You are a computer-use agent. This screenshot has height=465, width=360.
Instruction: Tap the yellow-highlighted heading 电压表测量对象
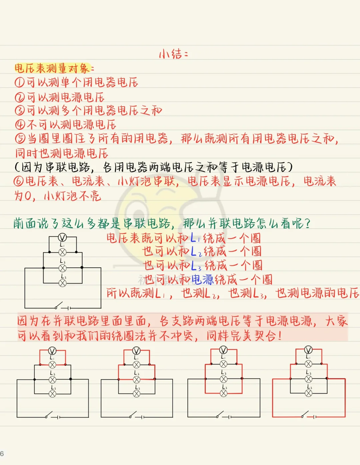tap(52, 68)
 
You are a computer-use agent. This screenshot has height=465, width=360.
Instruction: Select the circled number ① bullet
tap(20, 82)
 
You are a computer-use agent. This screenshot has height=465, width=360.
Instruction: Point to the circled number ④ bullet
tap(20, 125)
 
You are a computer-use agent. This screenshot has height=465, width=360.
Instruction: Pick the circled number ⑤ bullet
tap(20, 139)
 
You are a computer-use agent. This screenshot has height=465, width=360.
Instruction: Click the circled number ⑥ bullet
tap(18, 181)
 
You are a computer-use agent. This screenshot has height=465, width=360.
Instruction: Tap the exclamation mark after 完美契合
tap(279, 336)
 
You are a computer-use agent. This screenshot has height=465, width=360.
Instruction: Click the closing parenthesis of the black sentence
tap(290, 167)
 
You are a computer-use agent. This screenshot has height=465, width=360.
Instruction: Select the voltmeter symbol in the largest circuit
tap(62, 237)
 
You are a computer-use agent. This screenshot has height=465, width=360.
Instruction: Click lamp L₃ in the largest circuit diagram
tap(62, 283)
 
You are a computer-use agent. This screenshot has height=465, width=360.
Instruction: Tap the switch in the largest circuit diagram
tap(59, 305)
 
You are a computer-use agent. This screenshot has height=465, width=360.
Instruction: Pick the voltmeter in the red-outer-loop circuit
tap(308, 350)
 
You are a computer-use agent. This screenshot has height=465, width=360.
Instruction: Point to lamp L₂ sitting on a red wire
tap(137, 379)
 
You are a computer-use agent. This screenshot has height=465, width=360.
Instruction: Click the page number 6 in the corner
tap(2, 454)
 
